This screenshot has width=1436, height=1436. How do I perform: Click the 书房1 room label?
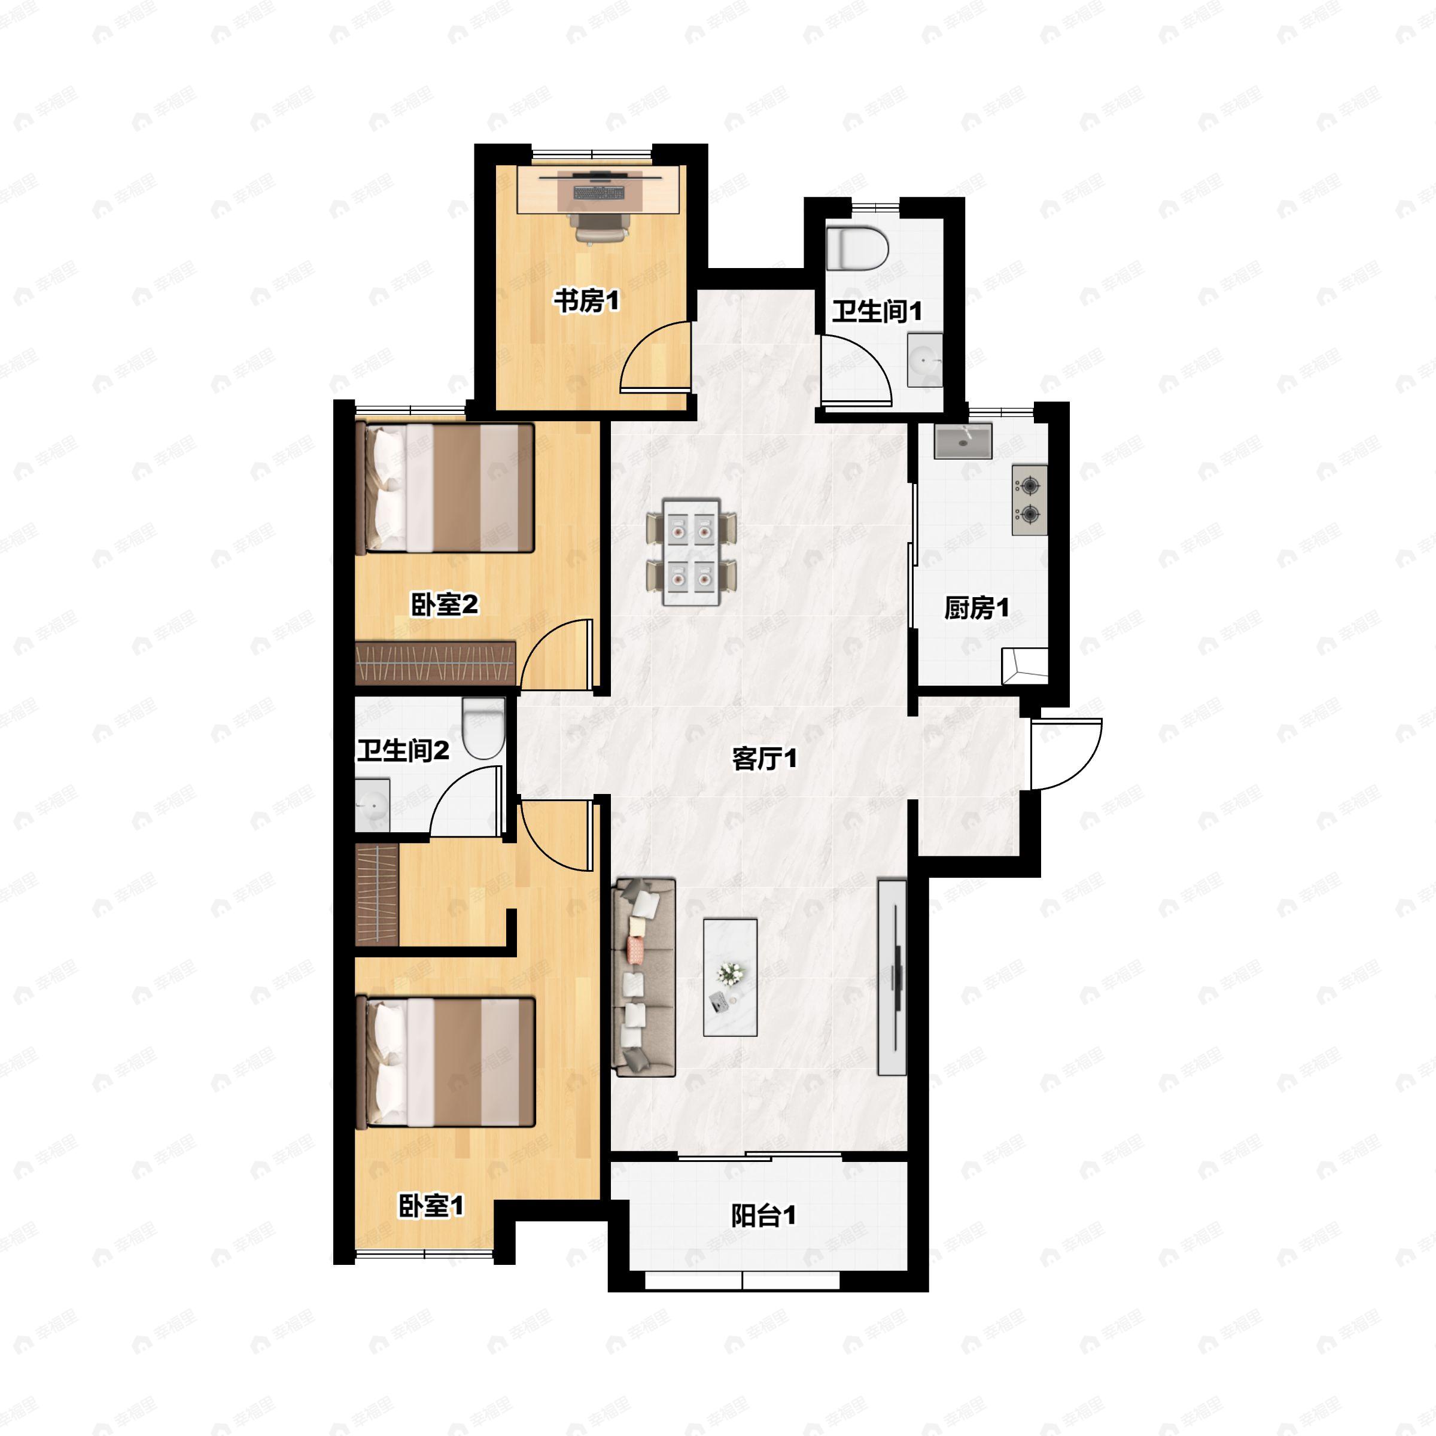(586, 301)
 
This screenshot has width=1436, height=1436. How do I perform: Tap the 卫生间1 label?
(877, 311)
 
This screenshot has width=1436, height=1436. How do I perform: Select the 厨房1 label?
(976, 608)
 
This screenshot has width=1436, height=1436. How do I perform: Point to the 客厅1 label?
(764, 759)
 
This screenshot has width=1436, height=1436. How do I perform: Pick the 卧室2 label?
(445, 604)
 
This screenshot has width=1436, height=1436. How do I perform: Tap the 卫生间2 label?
(403, 751)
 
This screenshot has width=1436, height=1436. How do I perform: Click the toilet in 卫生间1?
(858, 248)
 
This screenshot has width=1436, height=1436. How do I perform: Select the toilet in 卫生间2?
(484, 728)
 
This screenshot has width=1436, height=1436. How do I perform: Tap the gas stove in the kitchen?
(1029, 500)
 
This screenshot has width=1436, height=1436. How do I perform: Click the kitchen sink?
(963, 442)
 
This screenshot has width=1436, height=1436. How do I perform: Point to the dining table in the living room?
(692, 552)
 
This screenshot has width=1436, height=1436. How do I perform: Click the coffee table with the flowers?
(730, 978)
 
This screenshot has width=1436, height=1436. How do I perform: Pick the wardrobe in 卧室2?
(436, 662)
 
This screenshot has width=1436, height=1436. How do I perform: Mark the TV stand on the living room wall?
(892, 976)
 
